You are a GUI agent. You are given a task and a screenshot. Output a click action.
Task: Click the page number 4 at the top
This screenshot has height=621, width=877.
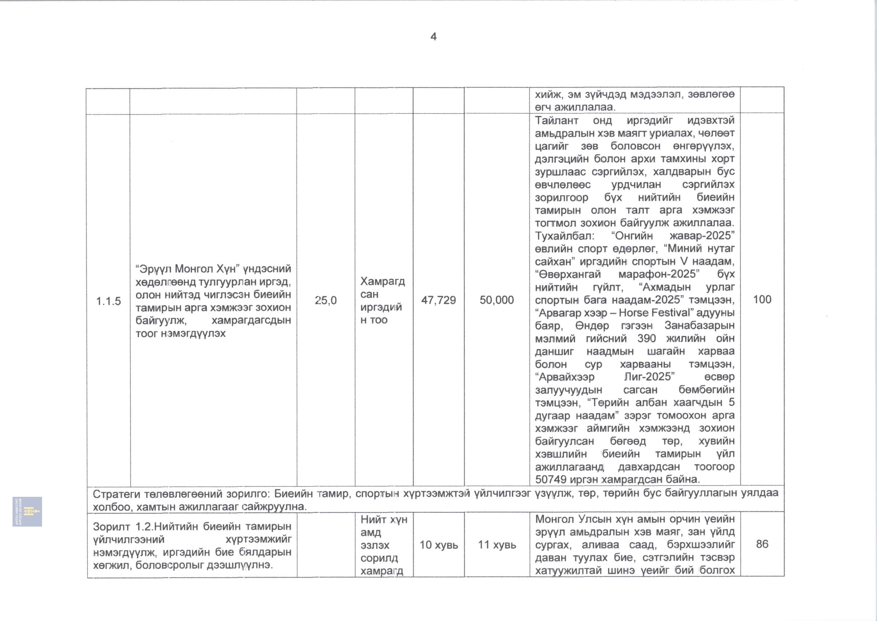[x=433, y=37]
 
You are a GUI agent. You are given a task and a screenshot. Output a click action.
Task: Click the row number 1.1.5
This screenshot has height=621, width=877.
[x=109, y=301]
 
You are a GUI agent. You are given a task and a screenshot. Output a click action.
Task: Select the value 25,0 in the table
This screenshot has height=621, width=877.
[x=326, y=300]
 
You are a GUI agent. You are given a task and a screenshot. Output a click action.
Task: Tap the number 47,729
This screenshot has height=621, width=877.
[x=438, y=300]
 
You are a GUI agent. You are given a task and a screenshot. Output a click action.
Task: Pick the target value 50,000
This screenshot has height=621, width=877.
[x=496, y=300]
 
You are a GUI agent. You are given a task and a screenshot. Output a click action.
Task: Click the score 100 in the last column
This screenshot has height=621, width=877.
[x=762, y=299]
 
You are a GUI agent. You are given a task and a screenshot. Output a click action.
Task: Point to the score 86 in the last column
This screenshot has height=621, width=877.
[x=762, y=544]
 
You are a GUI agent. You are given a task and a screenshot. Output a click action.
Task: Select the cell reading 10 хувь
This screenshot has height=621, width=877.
[x=438, y=545]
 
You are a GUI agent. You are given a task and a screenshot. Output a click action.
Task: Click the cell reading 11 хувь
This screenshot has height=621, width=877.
[x=496, y=545]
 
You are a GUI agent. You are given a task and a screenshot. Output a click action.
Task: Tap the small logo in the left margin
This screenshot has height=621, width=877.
[x=27, y=511]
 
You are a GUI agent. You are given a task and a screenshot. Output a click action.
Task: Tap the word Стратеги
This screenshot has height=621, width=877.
[x=117, y=493]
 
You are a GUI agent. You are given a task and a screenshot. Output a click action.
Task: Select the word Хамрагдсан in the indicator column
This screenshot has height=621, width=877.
[x=382, y=287]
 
